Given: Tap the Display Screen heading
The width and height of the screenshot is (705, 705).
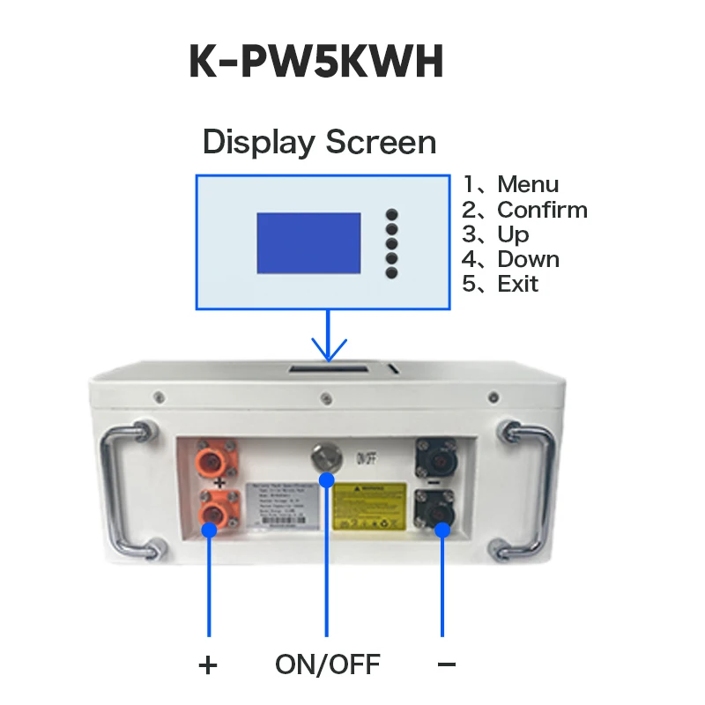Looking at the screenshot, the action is point(319,142).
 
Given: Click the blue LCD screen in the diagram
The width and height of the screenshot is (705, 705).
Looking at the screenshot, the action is point(308,242).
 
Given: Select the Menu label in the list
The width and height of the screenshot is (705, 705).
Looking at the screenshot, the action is point(527,184).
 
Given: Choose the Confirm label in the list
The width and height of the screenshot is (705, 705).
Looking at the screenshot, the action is point(541,210).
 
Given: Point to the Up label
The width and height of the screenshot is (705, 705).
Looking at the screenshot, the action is point(513,234).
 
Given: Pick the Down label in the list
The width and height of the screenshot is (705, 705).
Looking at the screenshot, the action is point(528,259).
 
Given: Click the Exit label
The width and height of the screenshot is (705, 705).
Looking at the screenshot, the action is point(517,284).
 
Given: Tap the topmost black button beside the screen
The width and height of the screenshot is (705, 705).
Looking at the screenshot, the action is point(391,214).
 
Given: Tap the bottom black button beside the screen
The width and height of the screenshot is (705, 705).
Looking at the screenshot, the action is point(391,272).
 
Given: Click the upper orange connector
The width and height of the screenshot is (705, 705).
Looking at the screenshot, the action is point(214,461).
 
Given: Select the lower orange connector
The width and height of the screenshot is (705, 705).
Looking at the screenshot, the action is point(214,512).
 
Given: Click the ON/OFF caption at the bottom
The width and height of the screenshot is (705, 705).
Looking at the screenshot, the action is point(327,664).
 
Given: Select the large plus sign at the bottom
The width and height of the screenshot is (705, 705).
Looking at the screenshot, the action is point(208,664).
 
